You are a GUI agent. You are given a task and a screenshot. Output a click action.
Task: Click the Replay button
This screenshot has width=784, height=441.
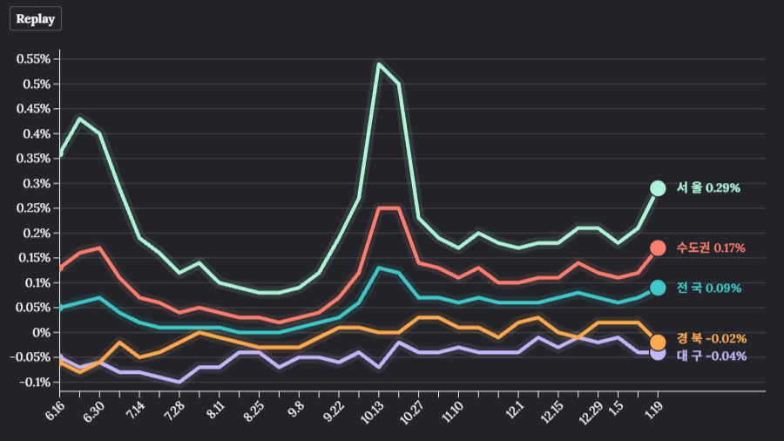[x=36, y=19]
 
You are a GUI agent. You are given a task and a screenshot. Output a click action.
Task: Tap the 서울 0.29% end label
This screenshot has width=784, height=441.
[x=708, y=188]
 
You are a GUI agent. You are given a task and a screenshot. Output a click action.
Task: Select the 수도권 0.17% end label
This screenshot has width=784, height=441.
[x=711, y=248]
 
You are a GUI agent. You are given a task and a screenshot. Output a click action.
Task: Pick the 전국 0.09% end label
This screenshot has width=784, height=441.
[x=709, y=288]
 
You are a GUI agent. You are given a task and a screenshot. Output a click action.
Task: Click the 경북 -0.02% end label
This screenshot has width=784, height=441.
[x=712, y=339]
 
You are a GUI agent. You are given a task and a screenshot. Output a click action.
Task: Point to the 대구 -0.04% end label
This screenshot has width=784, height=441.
[x=712, y=356]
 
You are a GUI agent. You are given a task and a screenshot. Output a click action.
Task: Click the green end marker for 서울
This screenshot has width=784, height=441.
[x=658, y=188]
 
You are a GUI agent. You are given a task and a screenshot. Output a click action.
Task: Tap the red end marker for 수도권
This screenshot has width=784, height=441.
[x=658, y=248]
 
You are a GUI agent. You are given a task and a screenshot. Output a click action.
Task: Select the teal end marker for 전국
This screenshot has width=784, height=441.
[x=658, y=288]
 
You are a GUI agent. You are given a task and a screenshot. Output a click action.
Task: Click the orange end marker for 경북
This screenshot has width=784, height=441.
[x=658, y=342]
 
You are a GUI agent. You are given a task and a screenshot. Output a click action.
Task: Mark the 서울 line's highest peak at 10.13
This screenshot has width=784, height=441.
[x=379, y=64]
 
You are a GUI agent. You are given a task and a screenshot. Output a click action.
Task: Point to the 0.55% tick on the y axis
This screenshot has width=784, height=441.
[x=32, y=59]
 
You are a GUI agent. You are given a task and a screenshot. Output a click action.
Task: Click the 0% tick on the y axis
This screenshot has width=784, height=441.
[x=41, y=333]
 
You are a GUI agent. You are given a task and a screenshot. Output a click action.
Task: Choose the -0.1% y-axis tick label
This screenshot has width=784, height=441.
[x=34, y=383]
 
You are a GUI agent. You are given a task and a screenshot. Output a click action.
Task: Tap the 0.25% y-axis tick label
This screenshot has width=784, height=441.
[x=32, y=208]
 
